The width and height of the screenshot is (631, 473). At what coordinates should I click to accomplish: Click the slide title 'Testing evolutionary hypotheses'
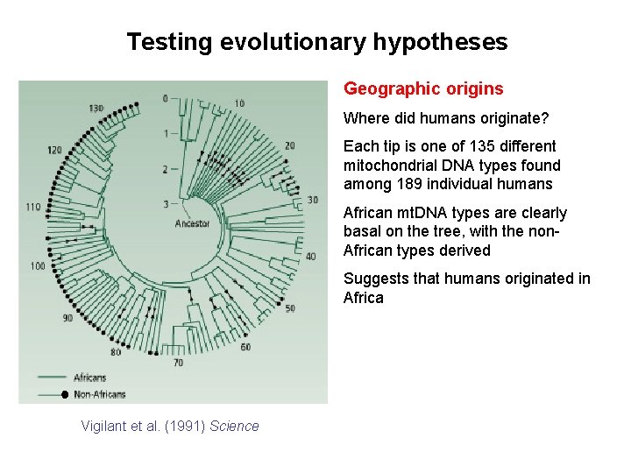pos(316,41)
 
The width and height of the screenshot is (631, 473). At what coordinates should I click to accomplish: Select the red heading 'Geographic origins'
pos(423,88)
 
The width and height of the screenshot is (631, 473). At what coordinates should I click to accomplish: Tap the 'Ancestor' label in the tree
pos(192,223)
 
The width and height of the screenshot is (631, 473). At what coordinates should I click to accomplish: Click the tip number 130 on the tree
pos(96,109)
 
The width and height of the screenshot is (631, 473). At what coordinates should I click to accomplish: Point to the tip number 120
pos(54,150)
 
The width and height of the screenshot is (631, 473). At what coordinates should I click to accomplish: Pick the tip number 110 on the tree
pos(34,208)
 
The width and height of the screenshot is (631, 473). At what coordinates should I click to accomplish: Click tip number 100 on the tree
pos(38,265)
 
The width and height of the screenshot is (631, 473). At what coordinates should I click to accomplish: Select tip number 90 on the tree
pos(67,318)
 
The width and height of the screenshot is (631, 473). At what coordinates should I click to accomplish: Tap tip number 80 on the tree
pos(116,353)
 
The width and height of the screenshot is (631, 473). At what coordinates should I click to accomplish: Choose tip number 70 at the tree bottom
pos(178,363)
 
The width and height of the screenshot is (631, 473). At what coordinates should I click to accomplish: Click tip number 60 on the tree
pos(245,347)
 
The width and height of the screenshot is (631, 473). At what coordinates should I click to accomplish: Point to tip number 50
pos(290,308)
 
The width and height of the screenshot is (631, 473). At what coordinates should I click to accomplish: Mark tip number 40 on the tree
pos(310,257)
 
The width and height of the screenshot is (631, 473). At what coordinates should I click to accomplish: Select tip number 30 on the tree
pos(313,200)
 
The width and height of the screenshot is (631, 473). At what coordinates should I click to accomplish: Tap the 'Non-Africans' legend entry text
pos(100,395)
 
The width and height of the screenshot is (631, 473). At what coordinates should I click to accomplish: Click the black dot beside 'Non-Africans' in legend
pos(64,395)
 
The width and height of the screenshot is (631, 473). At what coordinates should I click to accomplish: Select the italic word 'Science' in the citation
pos(234,427)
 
